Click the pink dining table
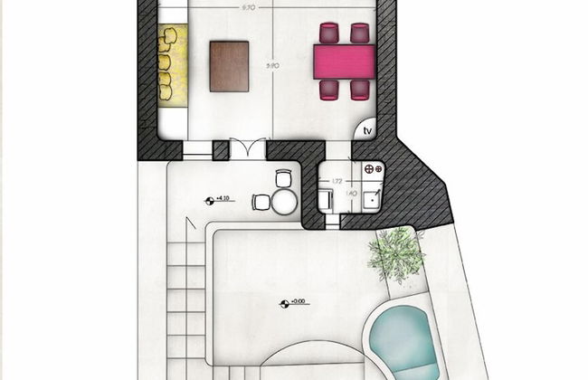[345, 62]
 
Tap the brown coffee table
[229, 65]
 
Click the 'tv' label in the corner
[367, 131]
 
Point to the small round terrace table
[284, 201]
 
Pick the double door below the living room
[247, 149]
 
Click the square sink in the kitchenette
[370, 194]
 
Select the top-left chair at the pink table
[327, 33]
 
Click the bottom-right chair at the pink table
[360, 89]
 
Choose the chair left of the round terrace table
[261, 202]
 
